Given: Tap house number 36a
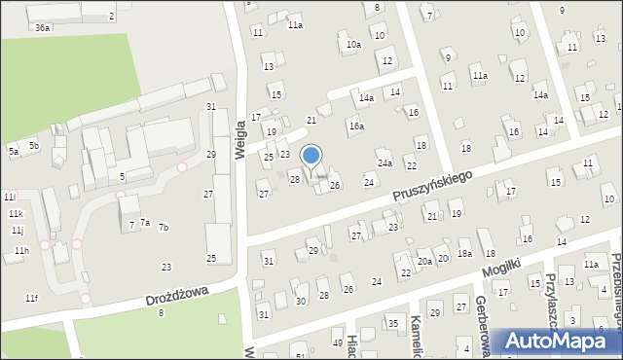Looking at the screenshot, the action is pos(42,28).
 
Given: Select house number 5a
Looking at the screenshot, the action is pos(14,151).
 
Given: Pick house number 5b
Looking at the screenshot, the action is pos(33,145).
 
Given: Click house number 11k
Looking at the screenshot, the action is pos(16,213).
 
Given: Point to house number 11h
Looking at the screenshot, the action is pos(20,251).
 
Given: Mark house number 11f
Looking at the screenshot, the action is pos(31,298).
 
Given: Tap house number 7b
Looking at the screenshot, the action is pos(164,227).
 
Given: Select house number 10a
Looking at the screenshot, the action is pos(353,44).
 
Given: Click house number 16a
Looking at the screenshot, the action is pos(357,126).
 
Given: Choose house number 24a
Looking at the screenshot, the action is pos(385,162).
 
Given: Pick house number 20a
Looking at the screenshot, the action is pos(424,261).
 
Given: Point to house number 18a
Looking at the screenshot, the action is pos(465,253).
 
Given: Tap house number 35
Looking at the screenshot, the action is pos(393,323).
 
